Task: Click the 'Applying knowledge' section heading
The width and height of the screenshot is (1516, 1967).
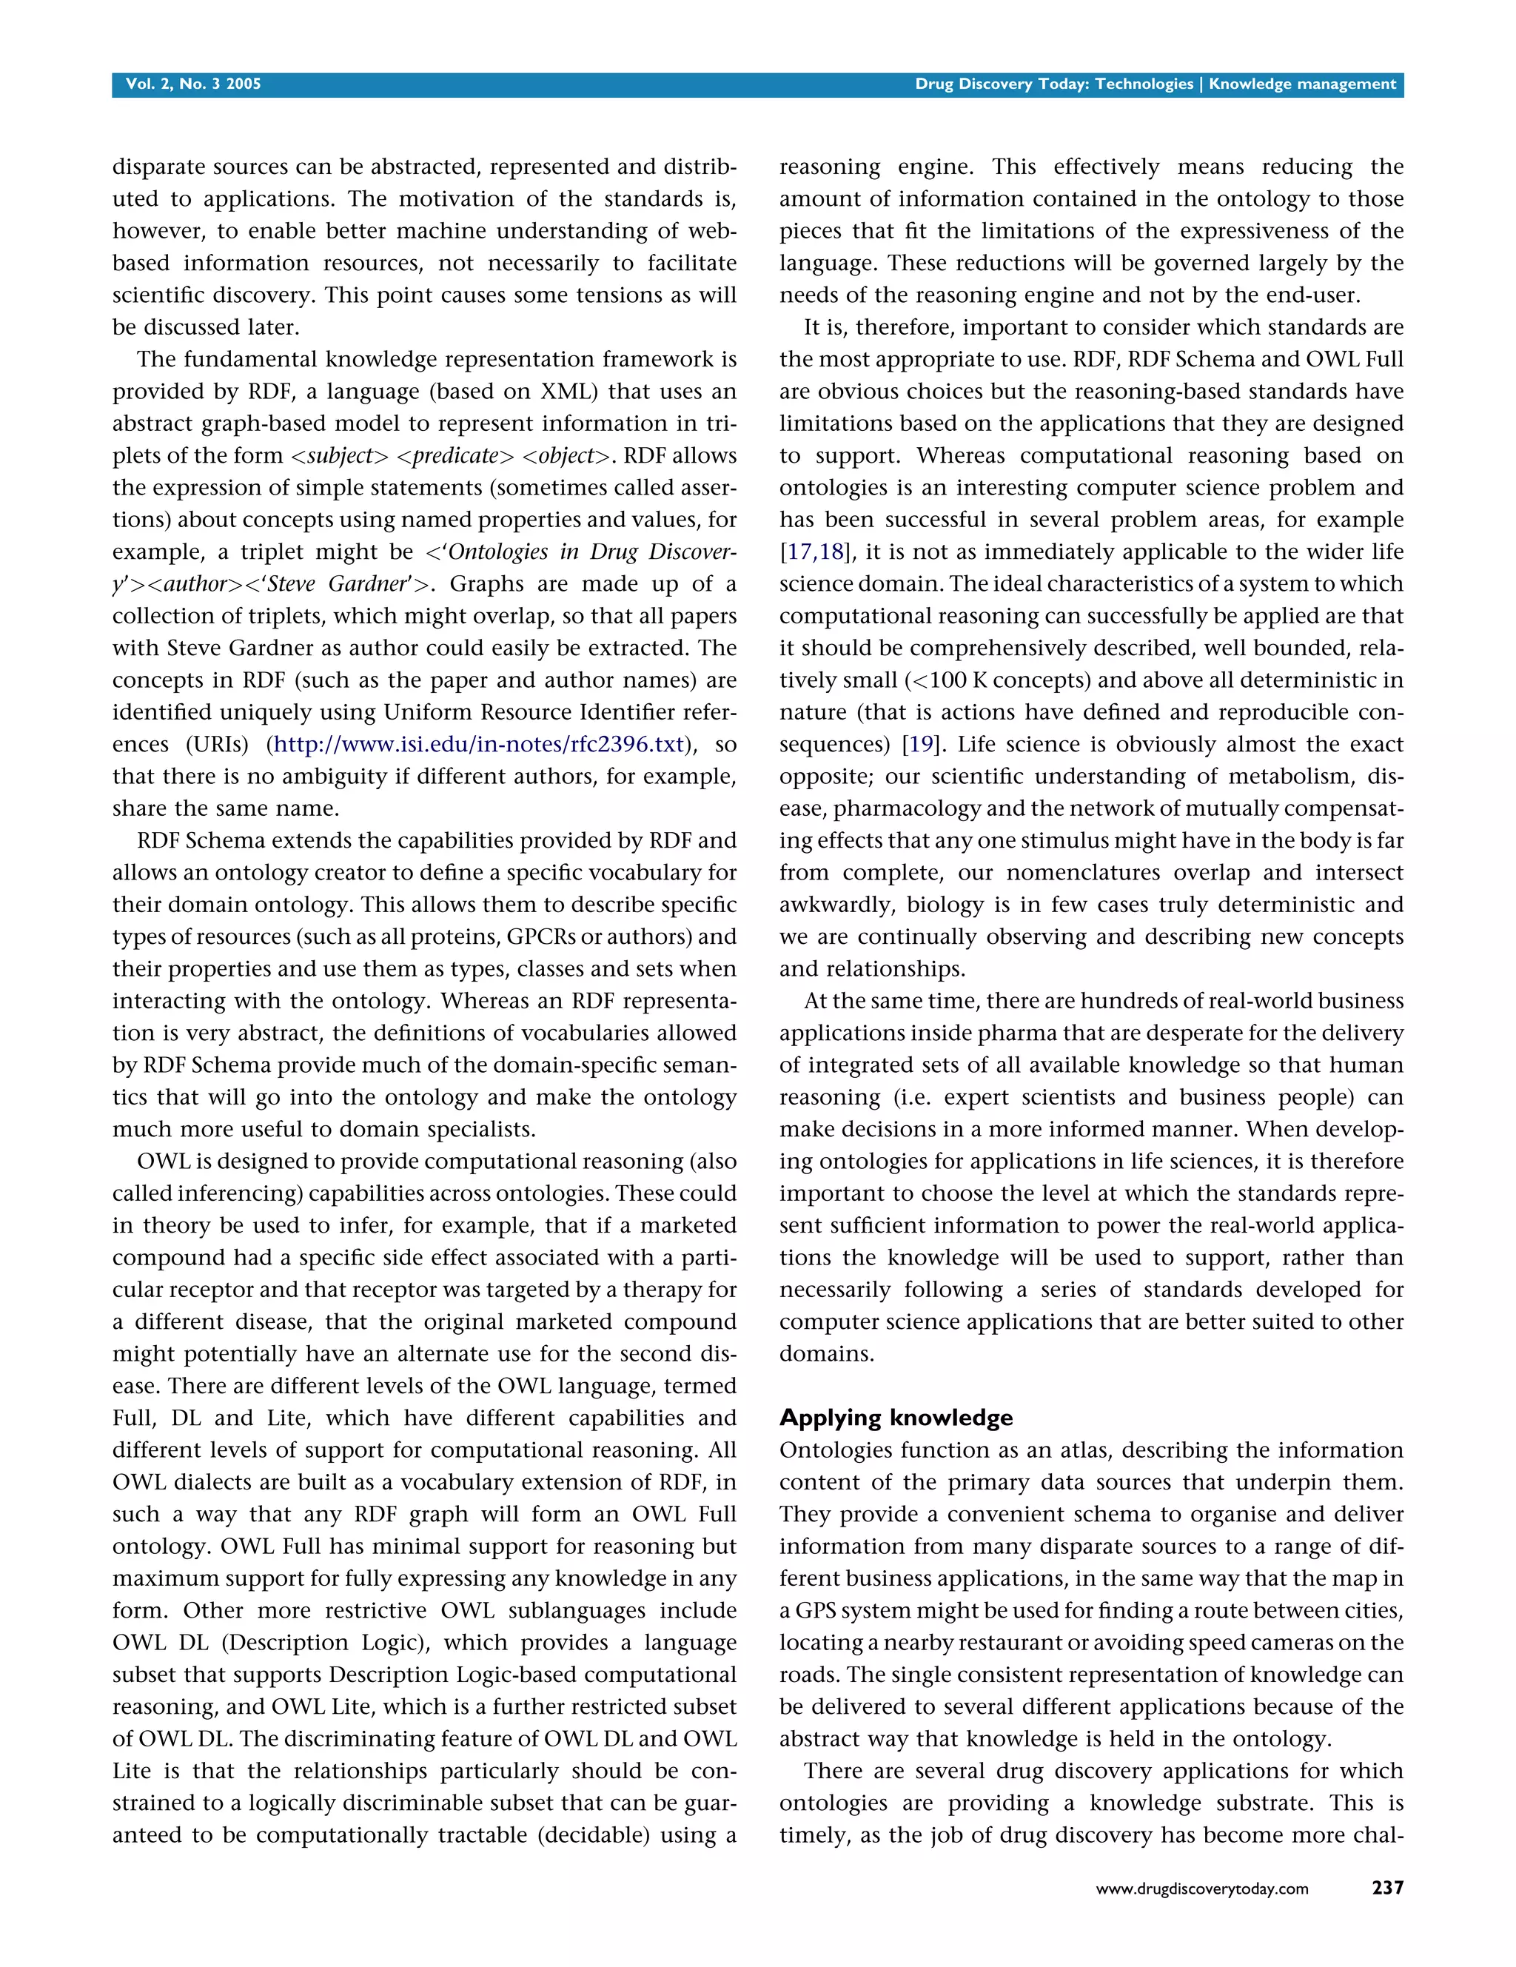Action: click(x=896, y=1418)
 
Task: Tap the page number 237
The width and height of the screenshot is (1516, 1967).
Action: click(x=1387, y=1888)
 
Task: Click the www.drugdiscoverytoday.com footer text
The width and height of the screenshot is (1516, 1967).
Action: click(x=1201, y=1889)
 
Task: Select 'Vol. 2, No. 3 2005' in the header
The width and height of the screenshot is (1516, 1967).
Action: click(x=192, y=84)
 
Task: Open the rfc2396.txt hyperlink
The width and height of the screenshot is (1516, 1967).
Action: click(x=478, y=744)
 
